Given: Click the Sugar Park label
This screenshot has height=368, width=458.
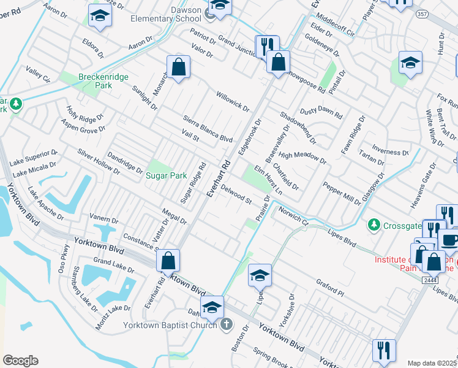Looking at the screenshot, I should [x=166, y=175].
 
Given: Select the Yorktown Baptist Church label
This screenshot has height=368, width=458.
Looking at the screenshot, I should [x=171, y=325].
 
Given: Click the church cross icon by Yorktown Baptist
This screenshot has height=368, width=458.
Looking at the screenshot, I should [x=226, y=324].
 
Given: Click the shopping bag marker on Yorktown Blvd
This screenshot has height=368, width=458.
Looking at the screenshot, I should [x=168, y=260].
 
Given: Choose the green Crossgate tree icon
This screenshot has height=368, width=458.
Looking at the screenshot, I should [x=373, y=226].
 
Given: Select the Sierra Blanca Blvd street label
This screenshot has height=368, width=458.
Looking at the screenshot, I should [x=208, y=129].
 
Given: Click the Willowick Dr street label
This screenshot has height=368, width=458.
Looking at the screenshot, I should [x=233, y=102].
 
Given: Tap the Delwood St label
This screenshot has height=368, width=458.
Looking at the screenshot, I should [x=236, y=196].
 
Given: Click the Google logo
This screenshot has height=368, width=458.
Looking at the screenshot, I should [x=20, y=361].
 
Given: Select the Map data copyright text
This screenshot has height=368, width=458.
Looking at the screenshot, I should [x=432, y=363].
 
